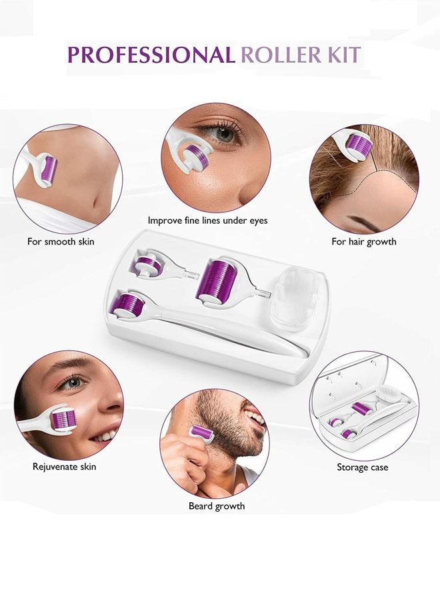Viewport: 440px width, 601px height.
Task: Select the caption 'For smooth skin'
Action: pyautogui.click(x=61, y=242)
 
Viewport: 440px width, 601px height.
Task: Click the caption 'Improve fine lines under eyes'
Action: pyautogui.click(x=217, y=220)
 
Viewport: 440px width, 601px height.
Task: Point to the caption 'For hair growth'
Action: pyautogui.click(x=364, y=242)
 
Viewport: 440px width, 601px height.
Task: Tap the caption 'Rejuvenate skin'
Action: pyautogui.click(x=65, y=467)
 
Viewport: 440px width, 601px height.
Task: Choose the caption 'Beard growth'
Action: pyautogui.click(x=217, y=506)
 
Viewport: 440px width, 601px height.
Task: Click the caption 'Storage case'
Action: pyautogui.click(x=362, y=467)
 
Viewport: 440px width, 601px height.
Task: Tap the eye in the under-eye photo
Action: pyautogui.click(x=223, y=133)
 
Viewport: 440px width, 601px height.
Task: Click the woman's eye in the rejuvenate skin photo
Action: pyautogui.click(x=74, y=383)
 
